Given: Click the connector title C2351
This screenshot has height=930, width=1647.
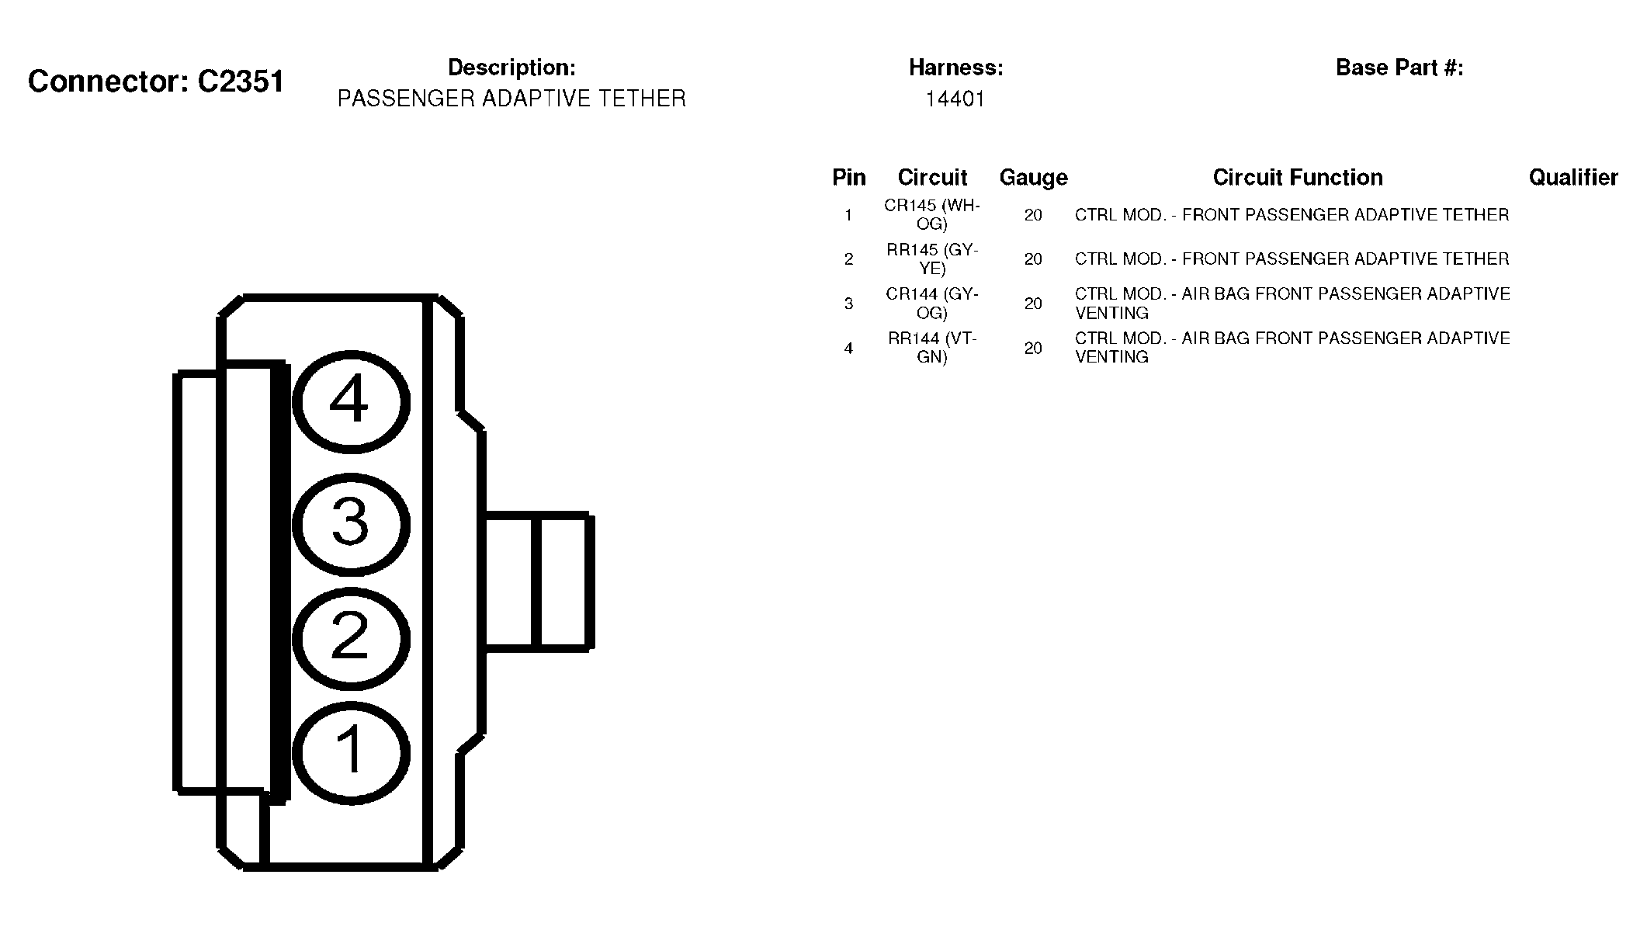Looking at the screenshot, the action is pos(156,81).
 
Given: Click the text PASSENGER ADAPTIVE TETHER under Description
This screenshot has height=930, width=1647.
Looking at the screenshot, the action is pos(511,99).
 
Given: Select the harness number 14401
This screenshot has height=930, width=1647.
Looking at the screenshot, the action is pos(955,99).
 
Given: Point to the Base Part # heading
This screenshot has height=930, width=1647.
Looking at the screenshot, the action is pos(1399,68).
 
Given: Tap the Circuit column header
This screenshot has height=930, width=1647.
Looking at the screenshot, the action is pos(932,177).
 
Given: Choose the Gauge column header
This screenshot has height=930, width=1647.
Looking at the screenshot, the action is pos(1033,178).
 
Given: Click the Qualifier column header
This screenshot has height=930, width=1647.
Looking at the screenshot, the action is pos(1573,178).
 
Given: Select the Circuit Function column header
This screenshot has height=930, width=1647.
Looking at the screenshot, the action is pos(1298,177).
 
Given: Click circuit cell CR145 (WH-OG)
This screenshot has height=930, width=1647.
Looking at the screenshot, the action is pos(932,215).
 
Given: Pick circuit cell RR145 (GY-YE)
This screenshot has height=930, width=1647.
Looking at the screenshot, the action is pos(932,259).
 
